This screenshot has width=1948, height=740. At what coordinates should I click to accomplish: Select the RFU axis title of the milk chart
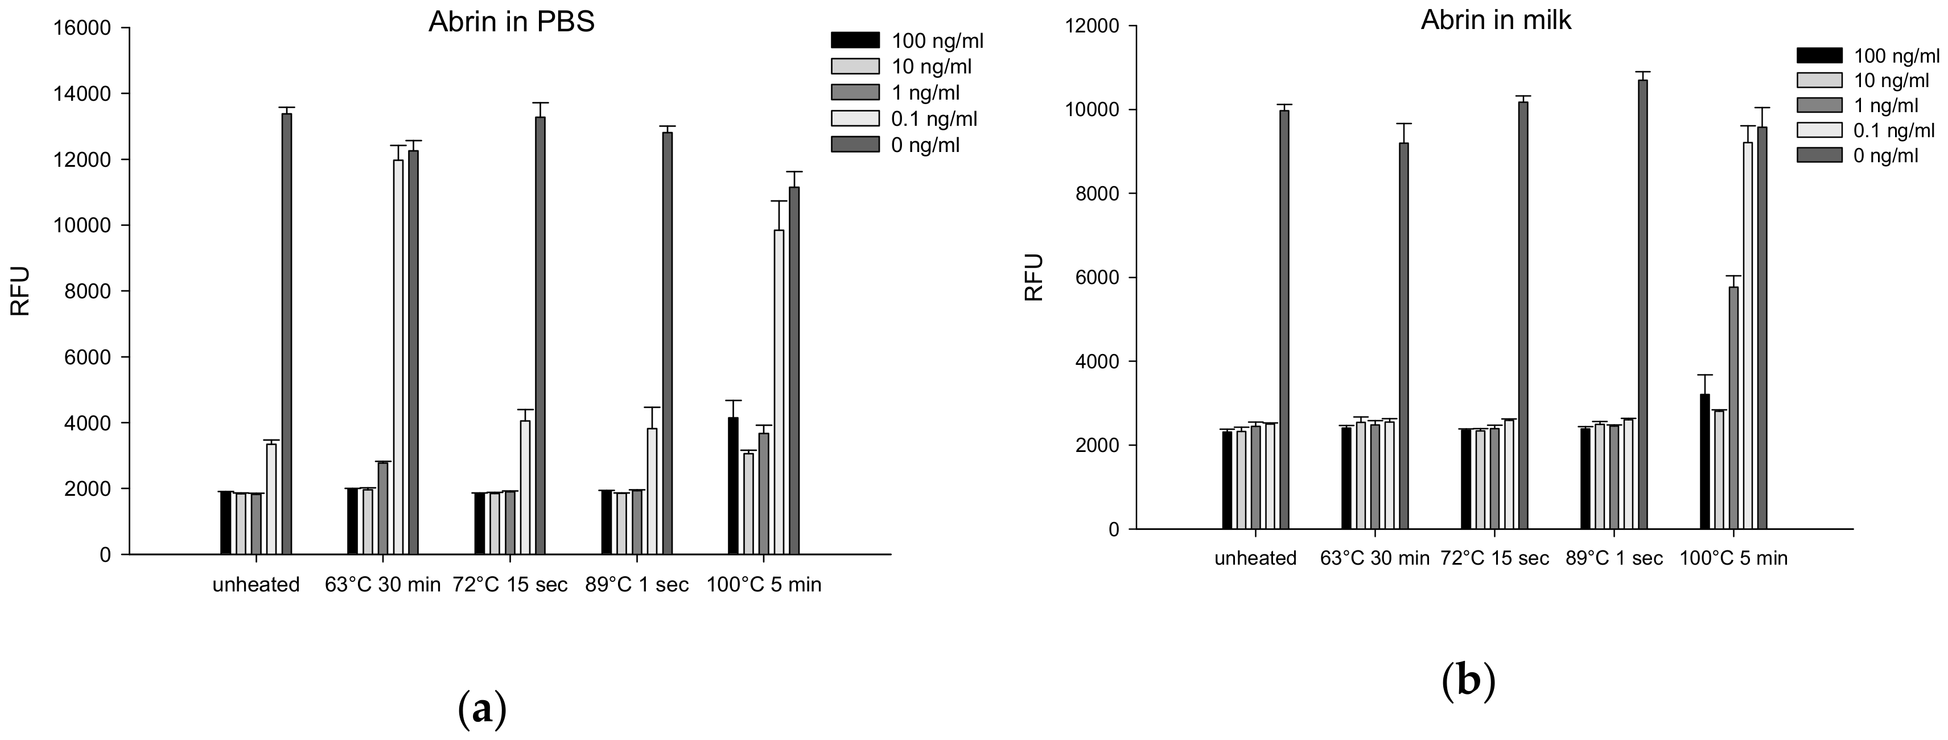tap(1033, 277)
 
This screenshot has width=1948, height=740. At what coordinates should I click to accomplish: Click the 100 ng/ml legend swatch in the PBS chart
tap(855, 40)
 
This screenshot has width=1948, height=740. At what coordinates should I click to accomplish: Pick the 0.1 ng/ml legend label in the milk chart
tap(1893, 130)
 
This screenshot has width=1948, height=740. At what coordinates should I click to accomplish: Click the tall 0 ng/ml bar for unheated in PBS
tap(287, 333)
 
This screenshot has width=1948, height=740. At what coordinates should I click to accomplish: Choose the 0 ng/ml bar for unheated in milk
tap(1284, 319)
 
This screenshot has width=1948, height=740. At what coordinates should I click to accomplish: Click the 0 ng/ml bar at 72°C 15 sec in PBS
tap(540, 335)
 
